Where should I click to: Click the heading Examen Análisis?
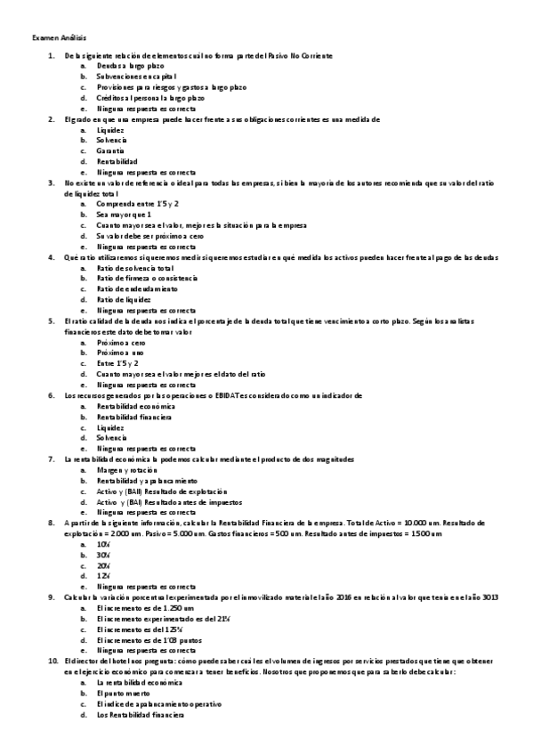click(52, 38)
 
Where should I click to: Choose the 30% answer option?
click(103, 554)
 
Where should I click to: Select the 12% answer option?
click(103, 575)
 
